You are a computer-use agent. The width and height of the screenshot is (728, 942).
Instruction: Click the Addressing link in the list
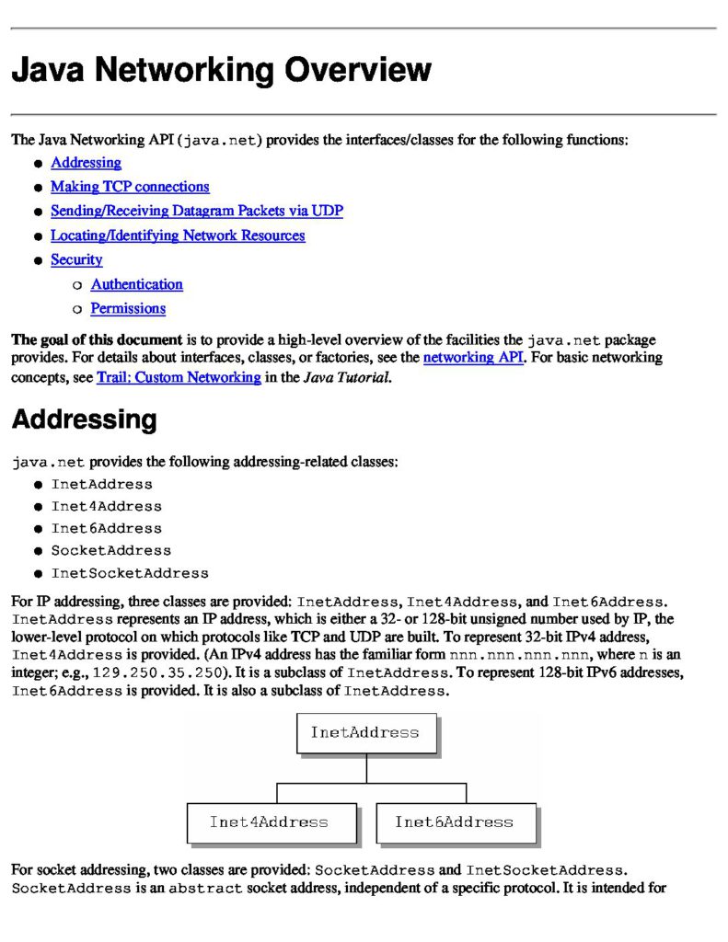point(86,163)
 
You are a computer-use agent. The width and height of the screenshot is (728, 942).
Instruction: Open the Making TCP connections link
point(130,187)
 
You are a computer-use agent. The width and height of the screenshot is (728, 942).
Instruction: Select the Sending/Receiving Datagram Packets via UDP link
point(196,211)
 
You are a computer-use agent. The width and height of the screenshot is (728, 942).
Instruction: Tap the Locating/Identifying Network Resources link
point(178,235)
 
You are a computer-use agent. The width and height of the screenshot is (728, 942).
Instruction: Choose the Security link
point(76,259)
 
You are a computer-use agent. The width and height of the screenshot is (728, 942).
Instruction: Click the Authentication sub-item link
point(136,284)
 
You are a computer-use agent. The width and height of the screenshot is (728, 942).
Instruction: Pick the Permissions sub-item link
point(128,308)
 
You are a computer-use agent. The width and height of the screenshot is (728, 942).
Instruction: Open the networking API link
point(473,357)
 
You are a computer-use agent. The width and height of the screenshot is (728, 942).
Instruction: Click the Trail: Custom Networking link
point(179,377)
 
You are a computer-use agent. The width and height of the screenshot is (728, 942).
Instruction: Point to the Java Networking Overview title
point(221,71)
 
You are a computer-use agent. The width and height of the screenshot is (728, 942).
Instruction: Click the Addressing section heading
point(84,420)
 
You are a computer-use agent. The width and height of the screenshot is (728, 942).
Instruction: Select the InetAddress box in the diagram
point(365,733)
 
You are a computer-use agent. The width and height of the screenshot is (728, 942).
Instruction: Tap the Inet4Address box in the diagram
point(269,821)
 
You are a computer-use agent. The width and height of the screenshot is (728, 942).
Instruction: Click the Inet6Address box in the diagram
point(454,821)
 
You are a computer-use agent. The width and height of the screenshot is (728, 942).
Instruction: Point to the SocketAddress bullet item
point(110,551)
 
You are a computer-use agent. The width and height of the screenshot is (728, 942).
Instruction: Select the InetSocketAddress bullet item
point(130,573)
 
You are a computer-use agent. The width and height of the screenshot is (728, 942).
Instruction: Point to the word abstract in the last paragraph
point(205,889)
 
